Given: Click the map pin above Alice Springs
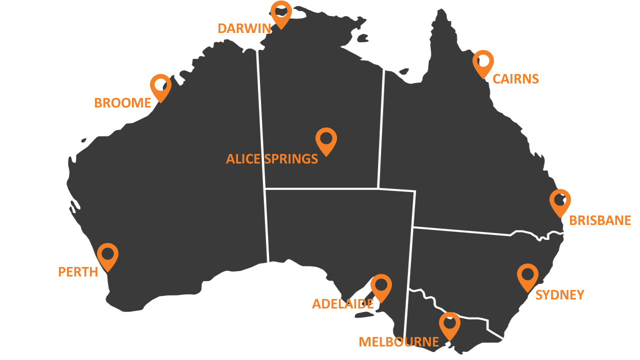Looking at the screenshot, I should pos(326,139).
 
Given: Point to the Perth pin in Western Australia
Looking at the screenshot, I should pos(107,255).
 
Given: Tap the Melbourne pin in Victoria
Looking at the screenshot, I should pos(449,324).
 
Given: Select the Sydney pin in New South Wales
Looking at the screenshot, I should pos(527,275).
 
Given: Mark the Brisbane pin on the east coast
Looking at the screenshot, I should pos(558,201).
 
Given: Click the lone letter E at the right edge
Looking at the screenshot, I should pos(627,220).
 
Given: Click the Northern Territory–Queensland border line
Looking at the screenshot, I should pos(381,130).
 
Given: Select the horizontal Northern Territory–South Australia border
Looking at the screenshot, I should pos(320,188).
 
